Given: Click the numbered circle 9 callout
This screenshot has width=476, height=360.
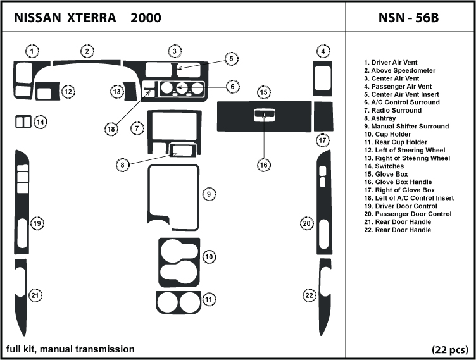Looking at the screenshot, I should pos(208,194).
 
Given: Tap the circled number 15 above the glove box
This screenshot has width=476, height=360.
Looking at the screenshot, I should pos(263,93).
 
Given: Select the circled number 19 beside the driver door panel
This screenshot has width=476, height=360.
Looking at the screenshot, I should pos(37,223).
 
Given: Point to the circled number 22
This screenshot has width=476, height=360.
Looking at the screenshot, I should pos(309,295).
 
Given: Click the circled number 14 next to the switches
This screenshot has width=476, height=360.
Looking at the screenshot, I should pos(40,121).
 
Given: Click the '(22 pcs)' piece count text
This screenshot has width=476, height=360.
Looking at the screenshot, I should pos(449,349).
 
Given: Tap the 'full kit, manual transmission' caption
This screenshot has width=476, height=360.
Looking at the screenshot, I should pos(70,349).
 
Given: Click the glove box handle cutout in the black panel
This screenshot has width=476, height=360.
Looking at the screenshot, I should pos(263,115).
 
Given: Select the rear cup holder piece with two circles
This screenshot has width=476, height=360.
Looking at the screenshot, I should pos(178,303).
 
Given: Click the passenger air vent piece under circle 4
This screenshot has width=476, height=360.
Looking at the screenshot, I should pos(323,78).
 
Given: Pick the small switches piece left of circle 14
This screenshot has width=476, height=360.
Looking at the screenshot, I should pos(23,121).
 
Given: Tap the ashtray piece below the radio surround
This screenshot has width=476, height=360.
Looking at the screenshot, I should pos(182,151).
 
